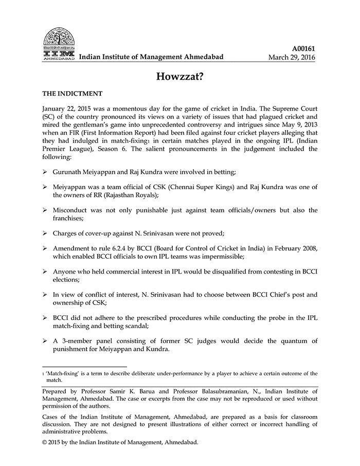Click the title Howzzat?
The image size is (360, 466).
click(179, 76)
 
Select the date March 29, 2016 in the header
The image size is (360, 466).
click(292, 57)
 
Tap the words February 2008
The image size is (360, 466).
click(292, 248)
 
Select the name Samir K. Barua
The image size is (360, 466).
click(130, 391)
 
